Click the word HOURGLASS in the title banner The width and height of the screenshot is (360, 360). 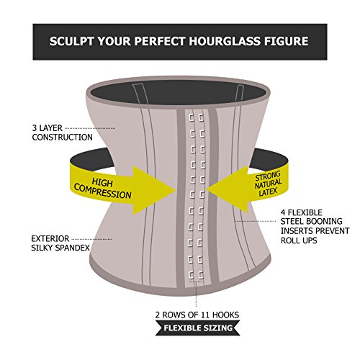point(225,41)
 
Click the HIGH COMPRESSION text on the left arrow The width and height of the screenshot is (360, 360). point(103,189)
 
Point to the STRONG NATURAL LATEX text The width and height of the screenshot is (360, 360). point(268,184)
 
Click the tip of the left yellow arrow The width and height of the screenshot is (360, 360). point(176,190)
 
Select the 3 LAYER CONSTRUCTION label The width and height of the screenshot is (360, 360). point(63,132)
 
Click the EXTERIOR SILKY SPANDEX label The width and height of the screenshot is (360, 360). point(60,243)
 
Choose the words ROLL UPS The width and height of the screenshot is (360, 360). point(299,240)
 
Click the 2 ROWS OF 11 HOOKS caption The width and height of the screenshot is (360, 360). point(197,315)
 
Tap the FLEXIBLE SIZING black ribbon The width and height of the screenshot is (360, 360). point(198,328)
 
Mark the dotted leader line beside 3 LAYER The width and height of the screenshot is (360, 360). point(90,128)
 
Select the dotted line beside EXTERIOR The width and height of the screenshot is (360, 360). point(92,239)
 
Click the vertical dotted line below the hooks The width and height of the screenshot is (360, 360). point(196,294)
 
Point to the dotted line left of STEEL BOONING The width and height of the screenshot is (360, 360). point(256,221)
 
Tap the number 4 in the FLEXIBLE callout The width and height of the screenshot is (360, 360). point(283,212)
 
